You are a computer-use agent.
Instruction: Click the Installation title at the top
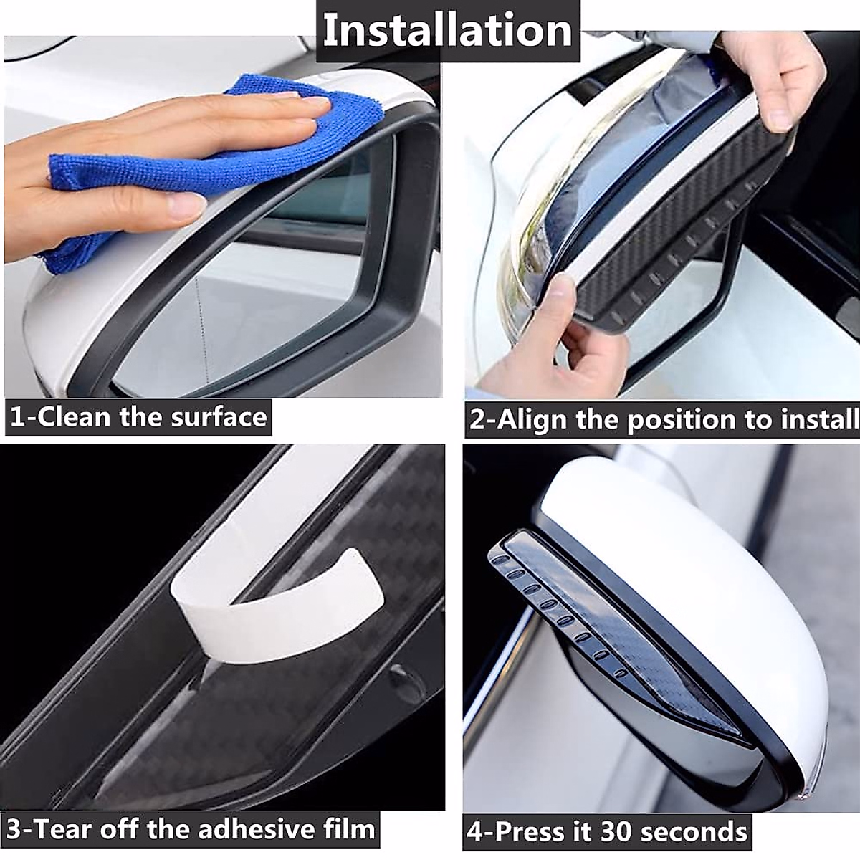[x=446, y=30]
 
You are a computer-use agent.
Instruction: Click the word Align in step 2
[x=530, y=420]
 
